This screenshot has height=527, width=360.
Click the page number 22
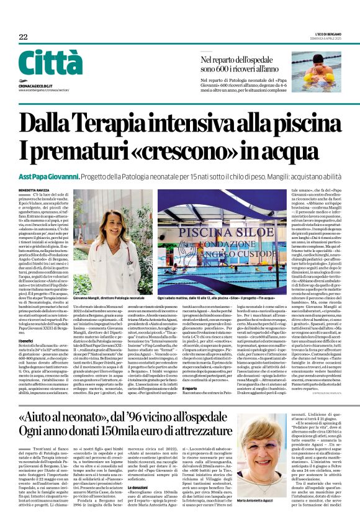[x=23, y=37]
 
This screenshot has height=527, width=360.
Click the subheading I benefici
[x=28, y=340]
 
